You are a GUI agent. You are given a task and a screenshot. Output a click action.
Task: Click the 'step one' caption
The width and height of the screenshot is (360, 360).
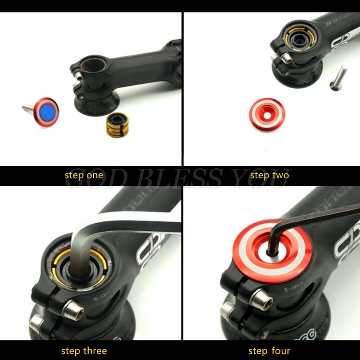point(84,175)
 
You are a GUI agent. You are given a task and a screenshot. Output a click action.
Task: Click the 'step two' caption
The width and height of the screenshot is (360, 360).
point(270,175)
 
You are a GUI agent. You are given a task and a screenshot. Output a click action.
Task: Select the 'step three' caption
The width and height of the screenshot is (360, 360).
point(84,351)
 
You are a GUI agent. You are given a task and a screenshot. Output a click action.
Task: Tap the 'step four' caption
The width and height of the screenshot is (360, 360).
point(269,351)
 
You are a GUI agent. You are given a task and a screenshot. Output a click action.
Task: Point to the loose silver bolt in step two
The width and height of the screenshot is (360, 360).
point(338,77)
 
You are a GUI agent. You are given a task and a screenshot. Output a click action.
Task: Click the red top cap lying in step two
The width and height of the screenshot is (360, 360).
point(267,112)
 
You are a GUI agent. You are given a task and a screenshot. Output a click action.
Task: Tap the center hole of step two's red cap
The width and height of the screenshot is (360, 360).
point(267,112)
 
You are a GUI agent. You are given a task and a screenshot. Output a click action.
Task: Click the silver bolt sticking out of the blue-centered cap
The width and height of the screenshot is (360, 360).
point(28,107)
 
